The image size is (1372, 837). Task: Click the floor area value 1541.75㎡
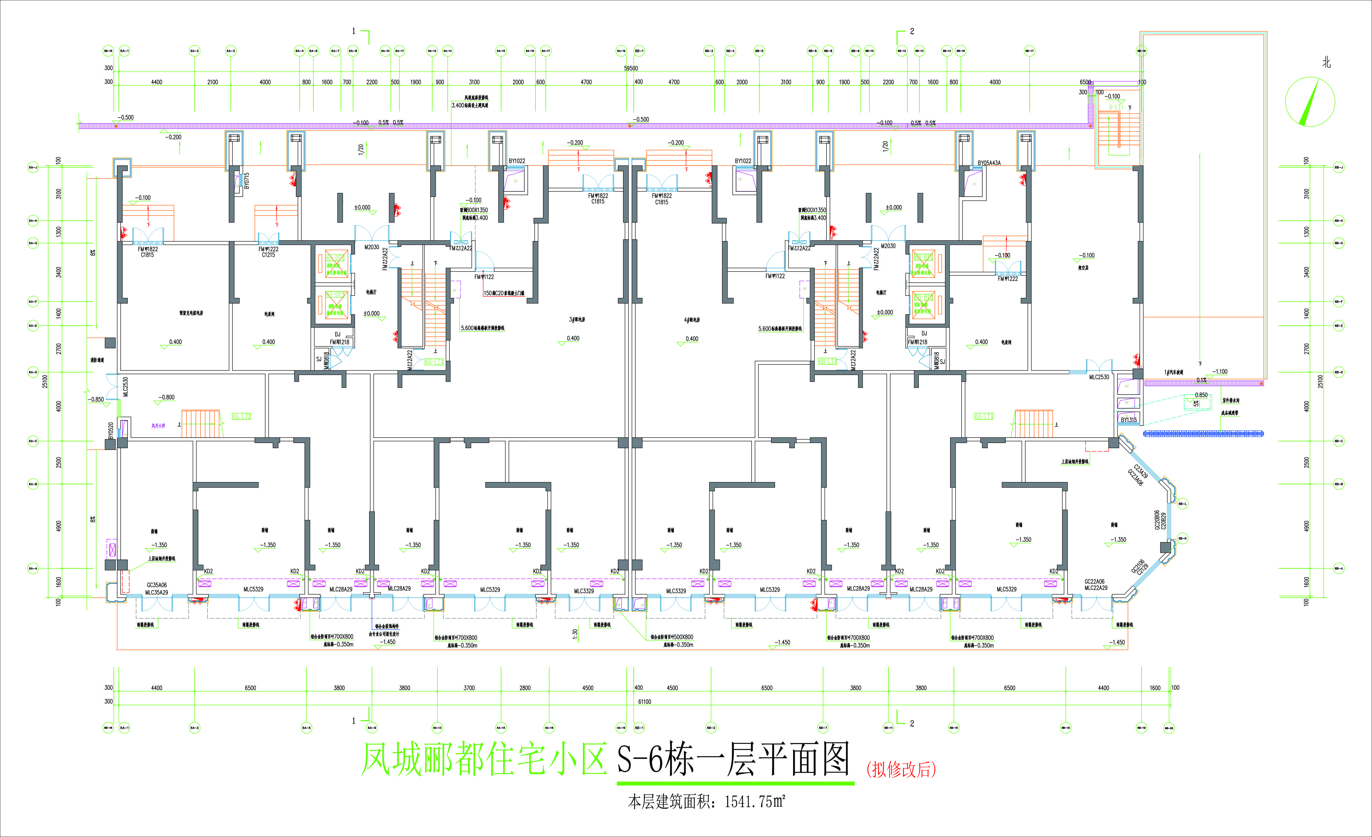(x=754, y=802)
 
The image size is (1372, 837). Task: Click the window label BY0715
(x=247, y=180)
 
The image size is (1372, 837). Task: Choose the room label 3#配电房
(x=577, y=320)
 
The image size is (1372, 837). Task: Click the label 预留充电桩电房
(x=191, y=313)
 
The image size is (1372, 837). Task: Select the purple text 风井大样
(x=158, y=426)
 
